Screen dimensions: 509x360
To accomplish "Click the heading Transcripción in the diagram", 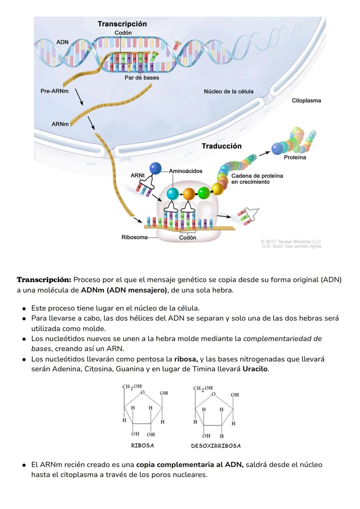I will click(x=122, y=24).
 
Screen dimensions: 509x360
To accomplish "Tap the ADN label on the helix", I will click(x=62, y=42).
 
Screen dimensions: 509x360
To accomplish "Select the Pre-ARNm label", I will click(x=54, y=91).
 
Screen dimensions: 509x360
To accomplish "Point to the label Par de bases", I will click(x=142, y=78).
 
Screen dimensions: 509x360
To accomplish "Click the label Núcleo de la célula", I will click(x=228, y=91).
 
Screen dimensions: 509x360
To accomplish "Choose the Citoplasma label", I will click(x=306, y=100).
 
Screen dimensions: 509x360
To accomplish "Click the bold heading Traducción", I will click(x=221, y=146).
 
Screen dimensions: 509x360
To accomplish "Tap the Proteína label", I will click(x=295, y=157).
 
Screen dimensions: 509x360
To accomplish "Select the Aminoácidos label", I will click(x=185, y=171).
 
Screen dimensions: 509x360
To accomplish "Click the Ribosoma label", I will click(x=134, y=237).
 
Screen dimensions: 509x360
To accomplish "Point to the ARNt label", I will click(x=137, y=175).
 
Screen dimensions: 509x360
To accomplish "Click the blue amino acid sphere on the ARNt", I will click(x=155, y=168).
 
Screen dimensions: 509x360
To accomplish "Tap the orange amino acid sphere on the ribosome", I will click(x=189, y=193).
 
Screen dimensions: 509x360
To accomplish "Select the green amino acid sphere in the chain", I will click(x=203, y=192).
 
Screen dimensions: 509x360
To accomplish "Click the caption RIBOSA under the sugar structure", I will click(x=142, y=446).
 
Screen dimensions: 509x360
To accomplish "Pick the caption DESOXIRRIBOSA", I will click(x=216, y=446).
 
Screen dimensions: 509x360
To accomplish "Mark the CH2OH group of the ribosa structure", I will click(x=132, y=387).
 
